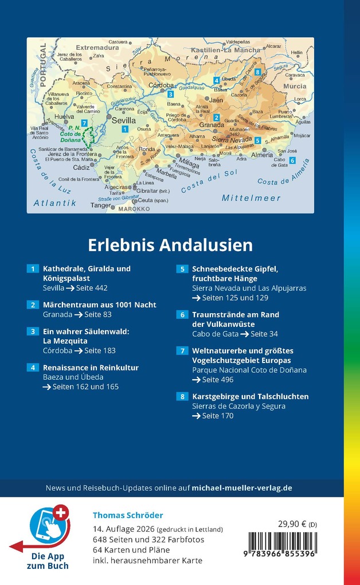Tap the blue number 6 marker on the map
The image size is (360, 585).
(292, 161)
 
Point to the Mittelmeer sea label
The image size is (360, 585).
(251, 198)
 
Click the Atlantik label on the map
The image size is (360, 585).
(55, 203)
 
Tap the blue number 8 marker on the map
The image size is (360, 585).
(258, 72)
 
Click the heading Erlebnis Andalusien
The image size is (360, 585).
(170, 245)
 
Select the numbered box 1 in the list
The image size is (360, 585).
(33, 268)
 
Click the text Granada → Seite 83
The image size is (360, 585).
(77, 314)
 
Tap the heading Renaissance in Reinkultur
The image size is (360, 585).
(91, 368)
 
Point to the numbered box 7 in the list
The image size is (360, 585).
(182, 350)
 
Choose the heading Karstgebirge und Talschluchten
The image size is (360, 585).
(251, 396)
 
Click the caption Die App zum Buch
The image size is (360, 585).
(47, 561)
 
